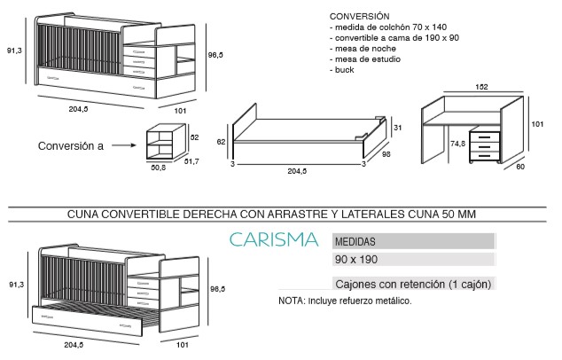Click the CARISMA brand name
(x=274, y=240)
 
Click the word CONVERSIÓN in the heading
(x=359, y=17)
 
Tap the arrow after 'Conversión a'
(x=123, y=145)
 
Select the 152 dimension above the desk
(x=481, y=87)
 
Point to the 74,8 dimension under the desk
(x=457, y=144)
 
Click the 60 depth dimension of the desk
(x=520, y=167)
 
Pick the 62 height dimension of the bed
(x=221, y=142)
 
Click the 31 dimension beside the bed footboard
(x=397, y=128)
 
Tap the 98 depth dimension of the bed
(x=386, y=154)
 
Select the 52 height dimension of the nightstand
(x=194, y=137)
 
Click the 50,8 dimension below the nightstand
(x=158, y=168)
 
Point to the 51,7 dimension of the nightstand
(x=191, y=161)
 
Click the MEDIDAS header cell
(x=414, y=241)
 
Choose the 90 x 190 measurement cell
(x=414, y=259)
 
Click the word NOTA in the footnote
(x=291, y=301)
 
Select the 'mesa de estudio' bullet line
(x=365, y=59)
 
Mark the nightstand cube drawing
(x=166, y=141)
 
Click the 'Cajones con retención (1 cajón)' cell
(x=414, y=284)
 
